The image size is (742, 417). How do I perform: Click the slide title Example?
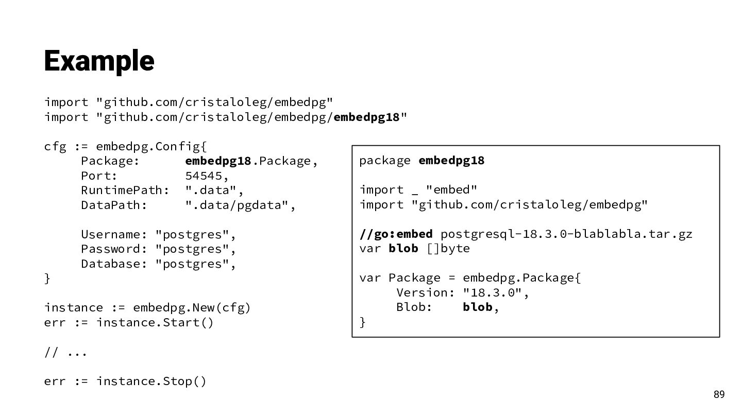pyautogui.click(x=99, y=61)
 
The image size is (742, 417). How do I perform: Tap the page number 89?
pyautogui.click(x=719, y=395)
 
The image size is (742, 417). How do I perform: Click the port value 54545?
pyautogui.click(x=204, y=176)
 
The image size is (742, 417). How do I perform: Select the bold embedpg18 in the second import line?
pyautogui.click(x=366, y=117)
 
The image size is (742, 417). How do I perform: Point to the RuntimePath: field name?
pyautogui.click(x=125, y=190)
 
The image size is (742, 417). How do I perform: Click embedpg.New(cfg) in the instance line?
pyautogui.click(x=192, y=308)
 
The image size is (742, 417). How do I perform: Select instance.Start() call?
pyautogui.click(x=155, y=323)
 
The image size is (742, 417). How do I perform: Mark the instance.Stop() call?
pyautogui.click(x=151, y=381)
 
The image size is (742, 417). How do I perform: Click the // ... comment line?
pyautogui.click(x=65, y=353)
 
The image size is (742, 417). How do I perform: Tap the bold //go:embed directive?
pyautogui.click(x=396, y=234)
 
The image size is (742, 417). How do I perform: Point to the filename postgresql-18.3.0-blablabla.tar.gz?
pyautogui.click(x=566, y=234)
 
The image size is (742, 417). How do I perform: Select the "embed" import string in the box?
pyautogui.click(x=451, y=190)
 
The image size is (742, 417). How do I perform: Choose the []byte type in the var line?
pyautogui.click(x=448, y=249)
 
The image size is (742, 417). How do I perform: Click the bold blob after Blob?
pyautogui.click(x=478, y=307)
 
